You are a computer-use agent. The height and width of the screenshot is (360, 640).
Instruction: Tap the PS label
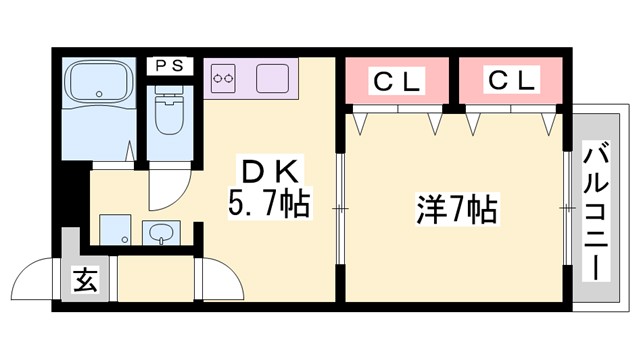[x=167, y=65]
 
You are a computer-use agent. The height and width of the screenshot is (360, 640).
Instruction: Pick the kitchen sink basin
[x=271, y=77]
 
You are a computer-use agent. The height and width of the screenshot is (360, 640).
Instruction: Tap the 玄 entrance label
[x=85, y=280]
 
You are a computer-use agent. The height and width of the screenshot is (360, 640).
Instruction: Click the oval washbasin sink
[x=161, y=234]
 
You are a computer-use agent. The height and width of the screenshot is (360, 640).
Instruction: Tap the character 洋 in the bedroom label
[x=431, y=210]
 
